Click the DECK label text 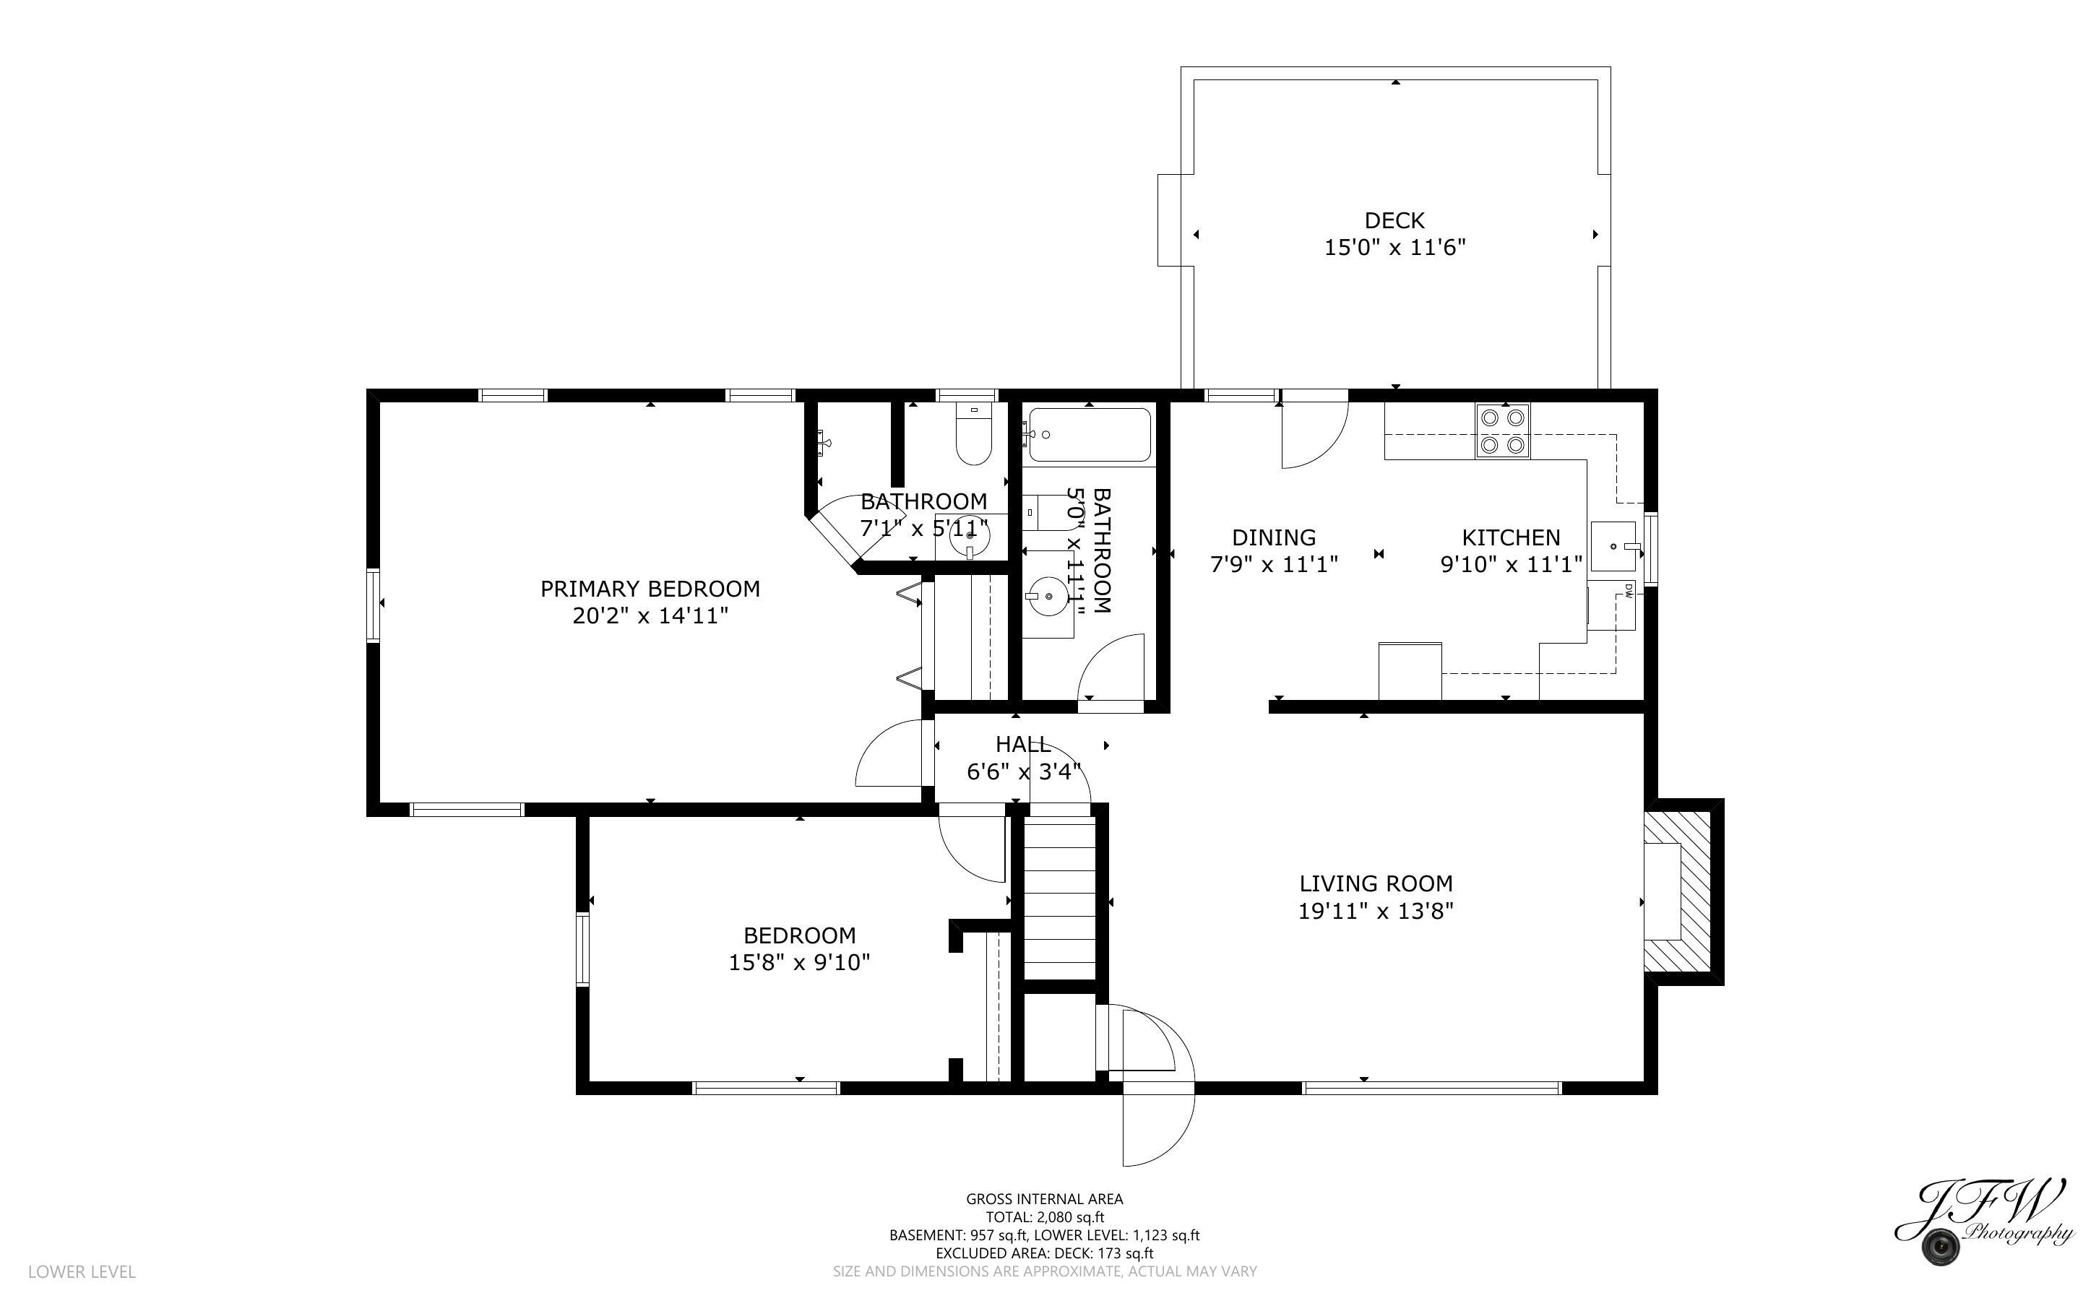(x=1394, y=220)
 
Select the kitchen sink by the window (x=1613, y=546)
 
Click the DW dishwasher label (x=1627, y=590)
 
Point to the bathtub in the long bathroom (x=1089, y=434)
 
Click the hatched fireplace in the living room (x=1676, y=891)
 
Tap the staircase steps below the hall (x=1059, y=899)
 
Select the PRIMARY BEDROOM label (x=650, y=589)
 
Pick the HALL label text (x=1022, y=744)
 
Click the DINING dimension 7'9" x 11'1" (x=1274, y=565)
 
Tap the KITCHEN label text (x=1511, y=537)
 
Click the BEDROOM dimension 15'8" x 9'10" (x=799, y=962)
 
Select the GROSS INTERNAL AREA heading (x=1044, y=1199)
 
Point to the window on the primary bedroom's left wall (x=373, y=605)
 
